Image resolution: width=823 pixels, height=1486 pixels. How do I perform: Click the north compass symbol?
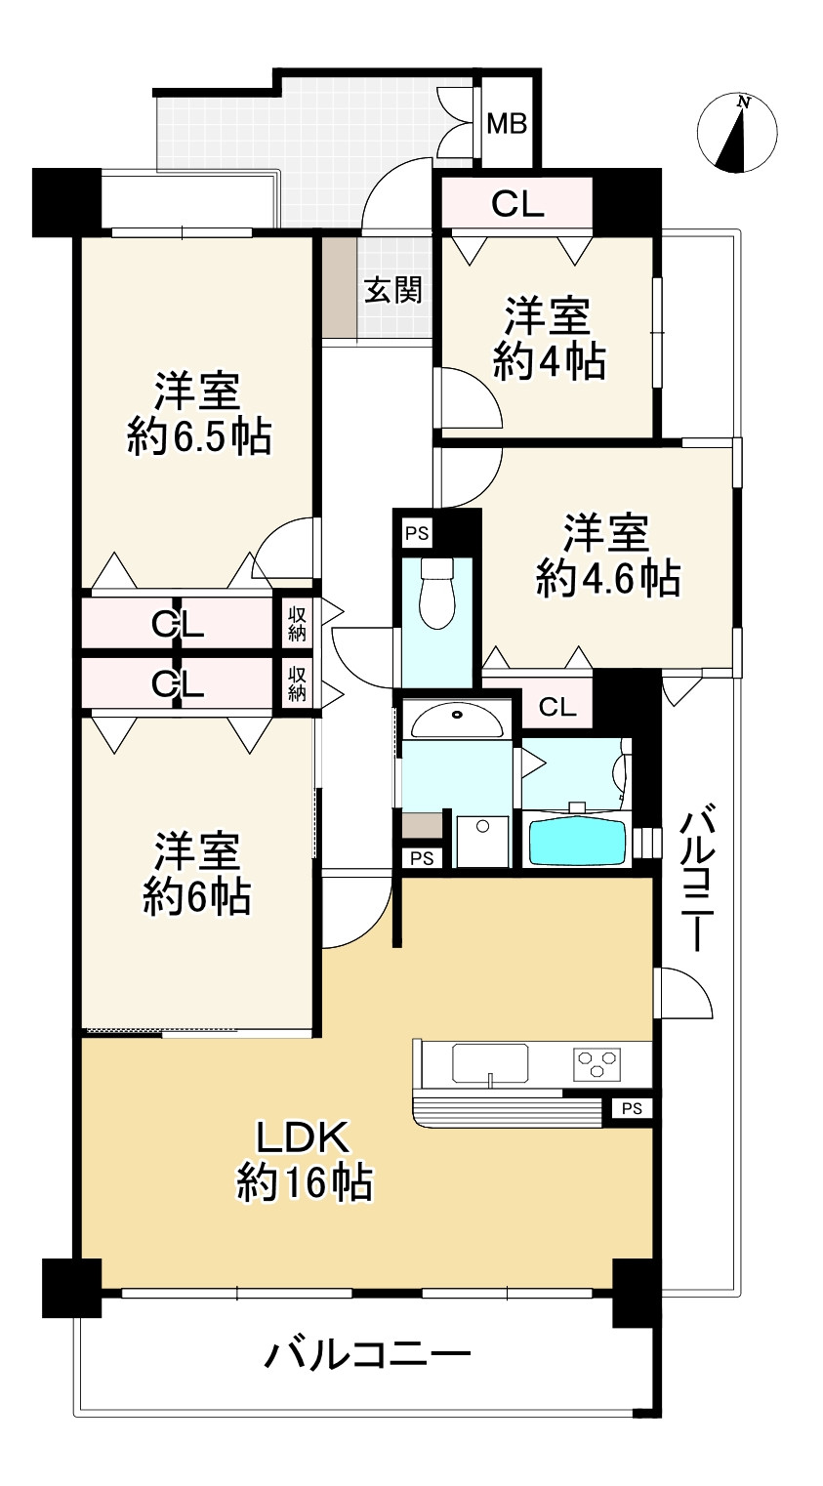point(737,133)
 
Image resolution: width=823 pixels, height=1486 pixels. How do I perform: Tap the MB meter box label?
point(507,124)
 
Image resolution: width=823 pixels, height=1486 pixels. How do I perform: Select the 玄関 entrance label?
point(393,290)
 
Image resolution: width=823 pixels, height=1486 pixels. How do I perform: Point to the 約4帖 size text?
point(549,362)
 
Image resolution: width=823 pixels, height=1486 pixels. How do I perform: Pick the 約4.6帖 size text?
point(607,580)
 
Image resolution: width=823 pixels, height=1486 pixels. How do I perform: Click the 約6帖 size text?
point(196,896)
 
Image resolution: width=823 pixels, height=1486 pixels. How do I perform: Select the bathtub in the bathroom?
point(577,841)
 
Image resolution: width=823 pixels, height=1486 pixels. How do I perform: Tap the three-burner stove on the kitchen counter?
point(597,1062)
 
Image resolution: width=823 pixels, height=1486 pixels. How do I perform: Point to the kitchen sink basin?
point(489,1062)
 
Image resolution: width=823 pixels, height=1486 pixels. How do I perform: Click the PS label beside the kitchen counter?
point(632,1108)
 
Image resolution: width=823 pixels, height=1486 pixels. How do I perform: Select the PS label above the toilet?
point(417,533)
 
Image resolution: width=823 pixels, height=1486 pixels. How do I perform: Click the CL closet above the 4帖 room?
point(516,203)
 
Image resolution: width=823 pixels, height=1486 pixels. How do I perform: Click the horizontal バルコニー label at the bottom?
point(368,1355)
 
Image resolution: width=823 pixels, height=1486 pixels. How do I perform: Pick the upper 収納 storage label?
point(297,625)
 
